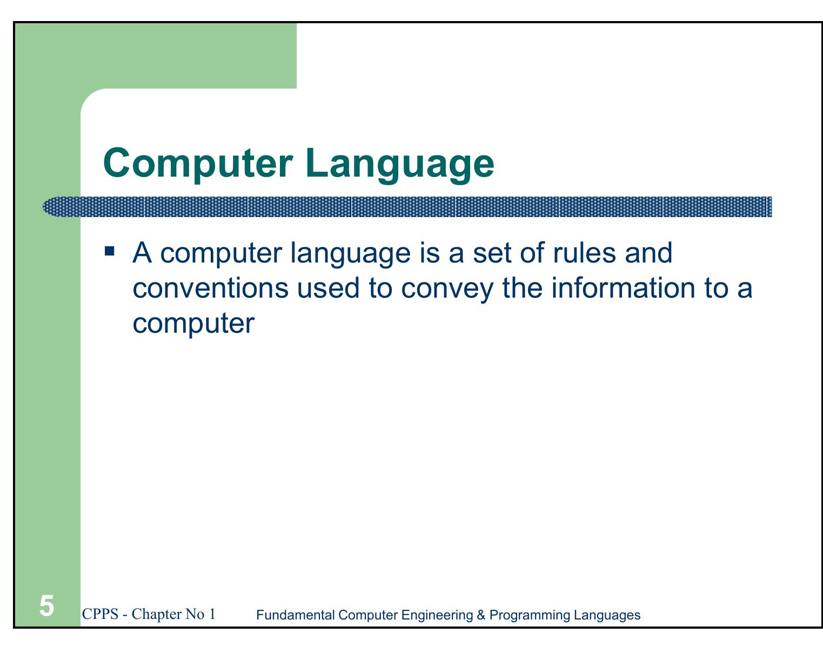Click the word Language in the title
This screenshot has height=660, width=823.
click(x=399, y=164)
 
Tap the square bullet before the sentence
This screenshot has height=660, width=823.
click(x=110, y=251)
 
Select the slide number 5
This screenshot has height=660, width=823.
click(x=47, y=606)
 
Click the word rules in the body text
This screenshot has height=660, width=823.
click(x=584, y=253)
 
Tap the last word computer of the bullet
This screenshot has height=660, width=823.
click(x=193, y=324)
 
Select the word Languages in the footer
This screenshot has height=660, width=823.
click(x=607, y=615)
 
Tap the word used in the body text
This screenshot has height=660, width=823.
click(x=328, y=288)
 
